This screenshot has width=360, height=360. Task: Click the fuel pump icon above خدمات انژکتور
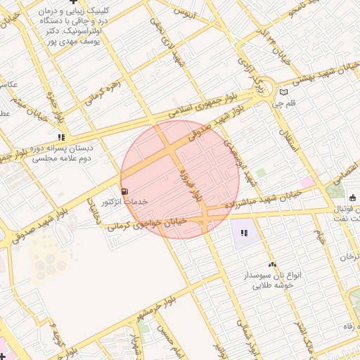[124, 191]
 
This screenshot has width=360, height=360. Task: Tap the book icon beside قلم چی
[283, 91]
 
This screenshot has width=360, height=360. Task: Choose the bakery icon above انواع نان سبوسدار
[272, 264]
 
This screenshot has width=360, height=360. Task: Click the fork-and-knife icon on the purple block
[244, 233]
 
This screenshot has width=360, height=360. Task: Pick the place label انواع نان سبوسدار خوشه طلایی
[272, 281]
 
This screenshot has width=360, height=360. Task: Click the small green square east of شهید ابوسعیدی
[261, 172]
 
